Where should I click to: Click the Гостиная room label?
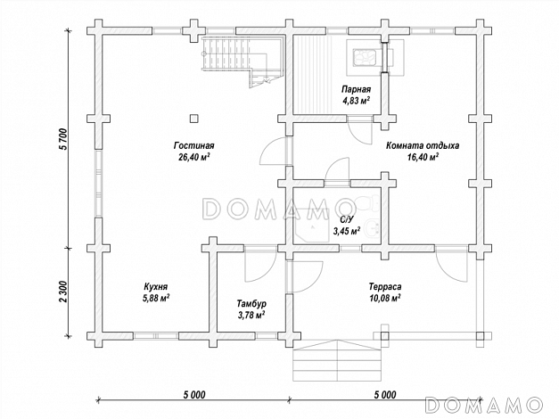coord(193,146)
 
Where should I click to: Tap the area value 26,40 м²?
coord(193,157)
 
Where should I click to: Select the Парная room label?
coord(356,89)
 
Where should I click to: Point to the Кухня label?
coord(156,287)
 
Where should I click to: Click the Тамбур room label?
coord(251,304)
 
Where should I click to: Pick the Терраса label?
coord(385,287)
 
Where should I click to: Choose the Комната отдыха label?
coord(423,146)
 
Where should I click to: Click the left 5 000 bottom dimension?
coord(194,395)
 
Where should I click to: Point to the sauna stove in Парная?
coord(364,57)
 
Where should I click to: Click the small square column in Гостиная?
coord(193,119)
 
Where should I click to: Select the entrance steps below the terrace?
coord(337,361)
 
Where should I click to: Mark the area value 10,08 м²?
coord(384,298)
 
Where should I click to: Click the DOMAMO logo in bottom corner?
coord(484,406)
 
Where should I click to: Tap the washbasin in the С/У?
coord(373,227)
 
